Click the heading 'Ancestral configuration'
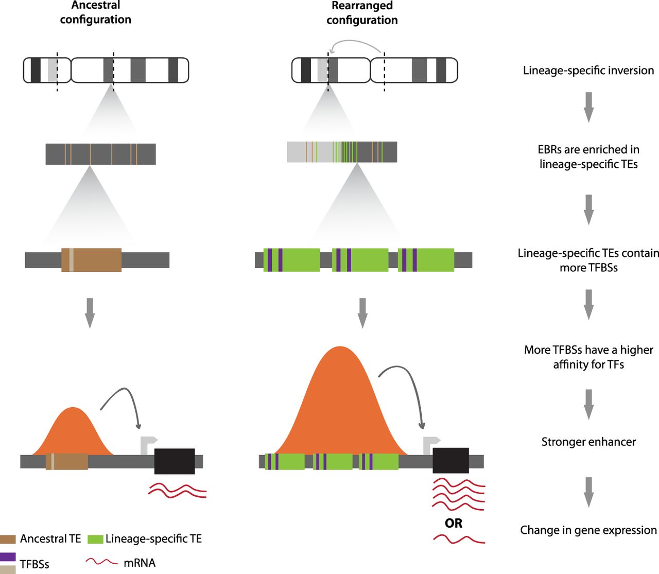[95, 13]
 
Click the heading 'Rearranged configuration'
[362, 13]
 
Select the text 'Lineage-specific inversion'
[588, 71]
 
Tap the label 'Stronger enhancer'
[588, 442]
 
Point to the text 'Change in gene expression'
[588, 530]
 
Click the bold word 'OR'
[454, 524]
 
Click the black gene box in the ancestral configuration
[175, 461]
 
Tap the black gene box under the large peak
[450, 461]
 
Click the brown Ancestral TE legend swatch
[8, 540]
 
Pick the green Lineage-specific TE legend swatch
[95, 540]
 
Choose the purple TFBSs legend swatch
[8, 557]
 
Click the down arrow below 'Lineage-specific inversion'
[589, 107]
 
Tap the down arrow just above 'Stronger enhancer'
[589, 404]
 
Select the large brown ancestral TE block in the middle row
[92, 260]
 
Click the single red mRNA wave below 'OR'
[459, 540]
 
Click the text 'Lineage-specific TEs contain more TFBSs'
[588, 260]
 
